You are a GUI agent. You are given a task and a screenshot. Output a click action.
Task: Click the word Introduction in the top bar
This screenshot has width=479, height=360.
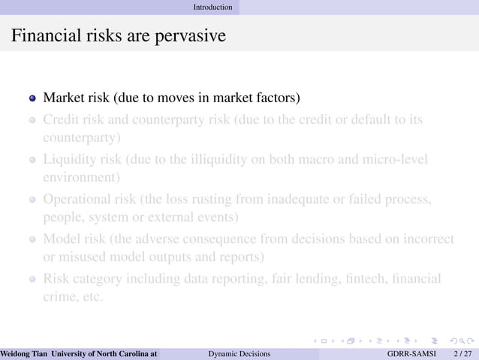coord(212,7)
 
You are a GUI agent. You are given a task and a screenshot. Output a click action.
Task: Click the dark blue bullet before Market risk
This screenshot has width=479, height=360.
coord(32,99)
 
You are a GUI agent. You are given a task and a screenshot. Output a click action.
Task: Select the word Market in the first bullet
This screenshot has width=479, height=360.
coord(63,98)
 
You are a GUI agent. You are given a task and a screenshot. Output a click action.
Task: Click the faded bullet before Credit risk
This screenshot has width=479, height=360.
coord(32,120)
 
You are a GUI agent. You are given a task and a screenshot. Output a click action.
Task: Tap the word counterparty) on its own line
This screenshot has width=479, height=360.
coord(82,138)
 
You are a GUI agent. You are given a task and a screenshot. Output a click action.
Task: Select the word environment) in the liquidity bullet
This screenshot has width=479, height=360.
coord(82,178)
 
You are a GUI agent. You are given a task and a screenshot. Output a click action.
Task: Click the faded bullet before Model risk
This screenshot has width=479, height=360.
coord(32,240)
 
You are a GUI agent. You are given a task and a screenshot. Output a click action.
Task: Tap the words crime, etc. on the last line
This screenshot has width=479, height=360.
coord(72,297)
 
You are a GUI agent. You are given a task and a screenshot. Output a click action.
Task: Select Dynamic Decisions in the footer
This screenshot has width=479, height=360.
coord(239,353)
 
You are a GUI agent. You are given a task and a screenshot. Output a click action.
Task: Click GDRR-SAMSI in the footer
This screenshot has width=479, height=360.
coord(411,353)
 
